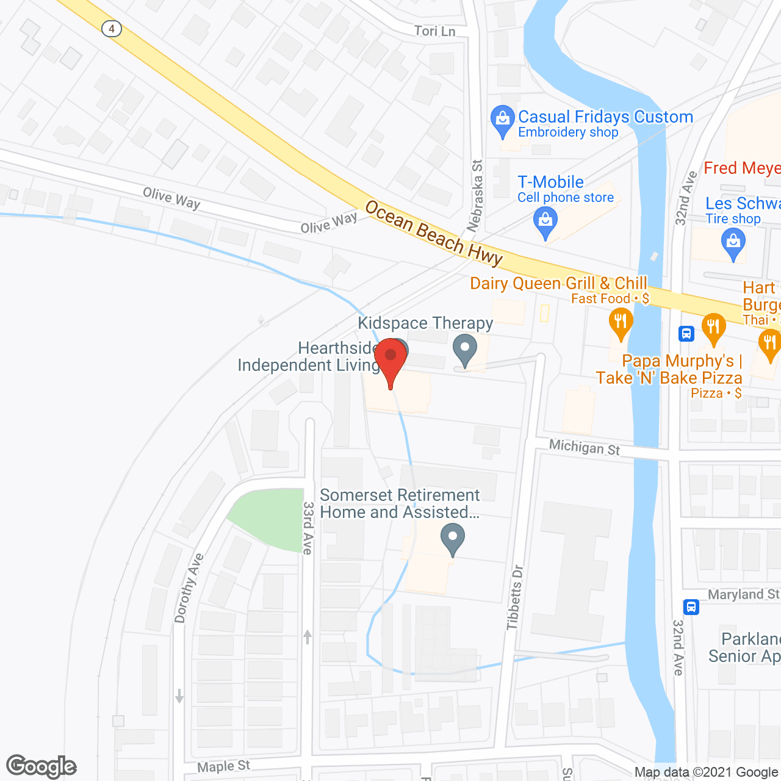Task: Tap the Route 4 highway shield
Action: pos(112,29)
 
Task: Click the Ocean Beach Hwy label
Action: pos(434,234)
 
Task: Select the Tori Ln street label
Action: pos(434,31)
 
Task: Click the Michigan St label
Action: pos(584,447)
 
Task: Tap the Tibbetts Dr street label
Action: pos(516,597)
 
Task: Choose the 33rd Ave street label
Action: pos(308,528)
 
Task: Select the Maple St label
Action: pos(223,766)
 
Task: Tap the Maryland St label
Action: pos(743,594)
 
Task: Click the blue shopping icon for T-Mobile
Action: pos(545,221)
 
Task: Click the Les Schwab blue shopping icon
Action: pos(733,243)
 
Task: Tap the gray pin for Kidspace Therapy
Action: pos(465,350)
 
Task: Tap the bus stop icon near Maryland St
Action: pos(691,606)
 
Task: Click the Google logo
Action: pos(41,766)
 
